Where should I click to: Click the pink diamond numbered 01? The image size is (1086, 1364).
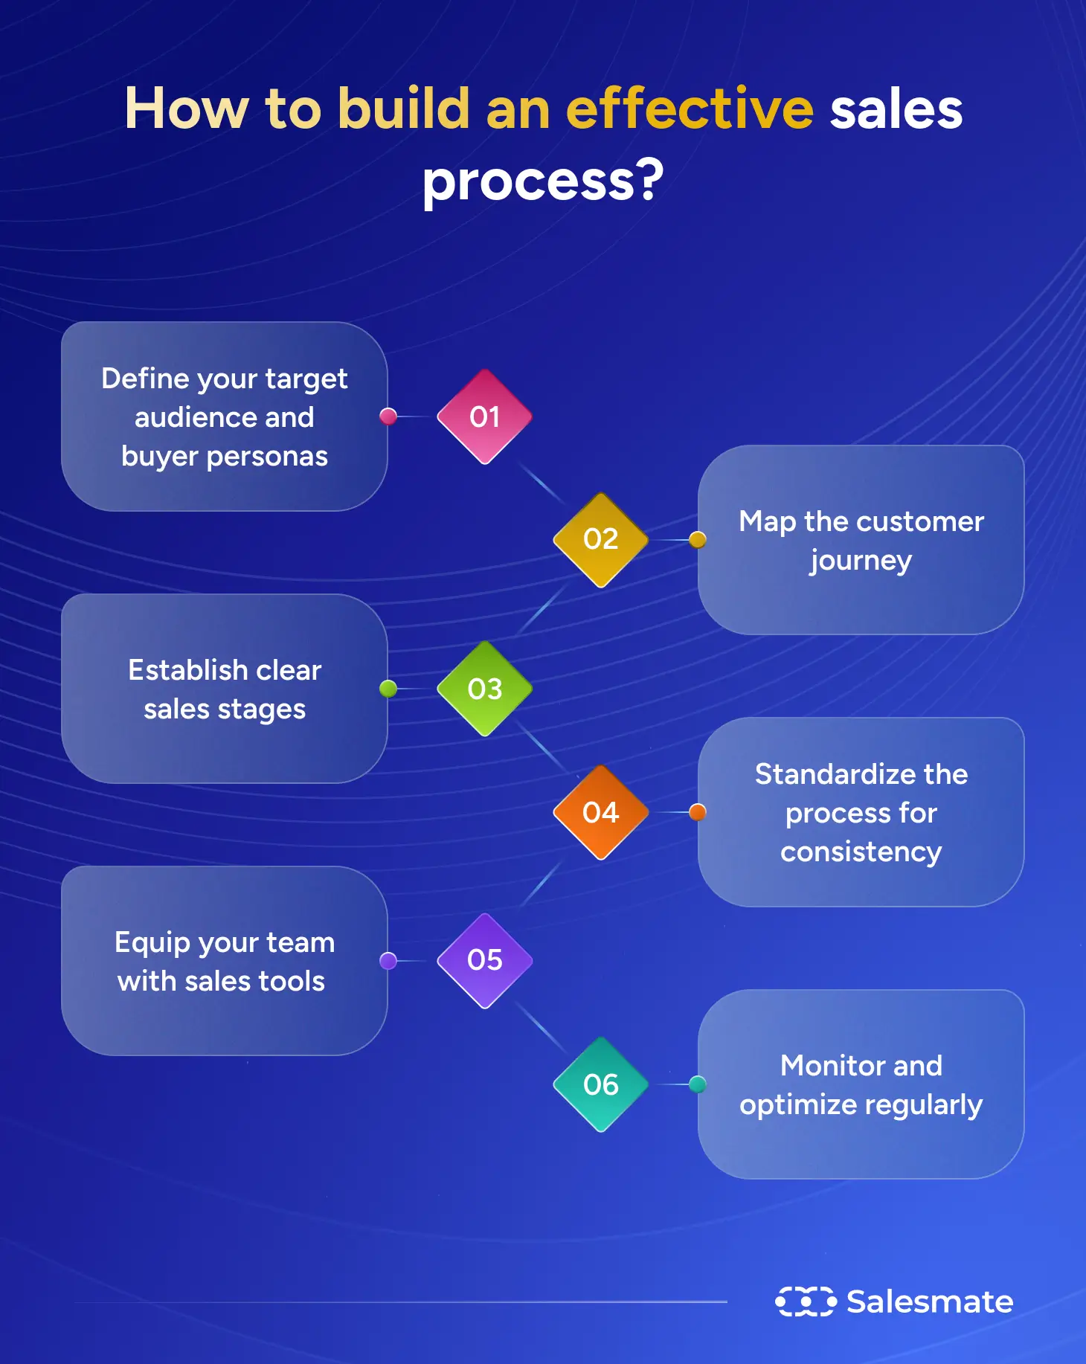[484, 416]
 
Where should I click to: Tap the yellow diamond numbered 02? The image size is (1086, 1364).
[600, 539]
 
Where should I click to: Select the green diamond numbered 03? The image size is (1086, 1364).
[484, 689]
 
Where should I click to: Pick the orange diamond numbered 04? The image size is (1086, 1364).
[600, 812]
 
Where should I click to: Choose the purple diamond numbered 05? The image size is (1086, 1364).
[484, 960]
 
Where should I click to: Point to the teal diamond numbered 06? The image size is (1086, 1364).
[600, 1084]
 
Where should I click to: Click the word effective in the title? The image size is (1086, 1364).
[690, 109]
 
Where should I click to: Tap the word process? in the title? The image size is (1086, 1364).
[543, 181]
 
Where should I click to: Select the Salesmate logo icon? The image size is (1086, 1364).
[805, 1302]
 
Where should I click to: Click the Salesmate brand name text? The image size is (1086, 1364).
[930, 1302]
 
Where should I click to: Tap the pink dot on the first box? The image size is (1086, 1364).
[388, 416]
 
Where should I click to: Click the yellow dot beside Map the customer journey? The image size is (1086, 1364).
[697, 540]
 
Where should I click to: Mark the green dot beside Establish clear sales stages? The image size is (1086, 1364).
[388, 689]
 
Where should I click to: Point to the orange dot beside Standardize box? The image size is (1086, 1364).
[697, 812]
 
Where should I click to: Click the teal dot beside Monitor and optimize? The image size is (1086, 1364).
[697, 1084]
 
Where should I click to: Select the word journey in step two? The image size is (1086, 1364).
[861, 561]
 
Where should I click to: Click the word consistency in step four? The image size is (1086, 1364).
[861, 852]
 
